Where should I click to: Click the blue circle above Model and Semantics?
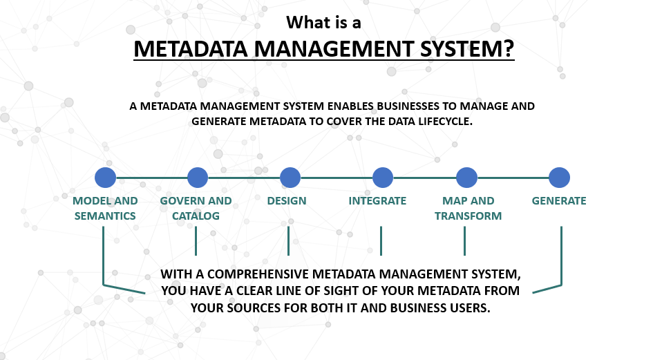coord(105,178)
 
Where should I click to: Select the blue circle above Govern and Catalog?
coord(198,178)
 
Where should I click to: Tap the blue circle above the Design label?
coord(290,178)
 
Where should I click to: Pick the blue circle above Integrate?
coord(383,178)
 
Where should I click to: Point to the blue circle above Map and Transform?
coord(467,178)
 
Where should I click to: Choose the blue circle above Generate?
coord(559,178)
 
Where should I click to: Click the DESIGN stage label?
coord(287,201)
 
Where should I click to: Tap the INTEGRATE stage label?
coord(377,201)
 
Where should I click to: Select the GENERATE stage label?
coord(559,201)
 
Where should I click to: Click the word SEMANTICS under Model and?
coord(105,216)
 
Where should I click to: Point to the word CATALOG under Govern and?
coord(196,216)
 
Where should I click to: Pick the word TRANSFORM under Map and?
coord(468,216)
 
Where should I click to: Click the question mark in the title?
coord(509,49)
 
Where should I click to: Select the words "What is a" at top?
coord(323,23)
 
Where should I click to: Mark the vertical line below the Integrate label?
coord(381,241)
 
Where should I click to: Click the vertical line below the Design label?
coord(288,241)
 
